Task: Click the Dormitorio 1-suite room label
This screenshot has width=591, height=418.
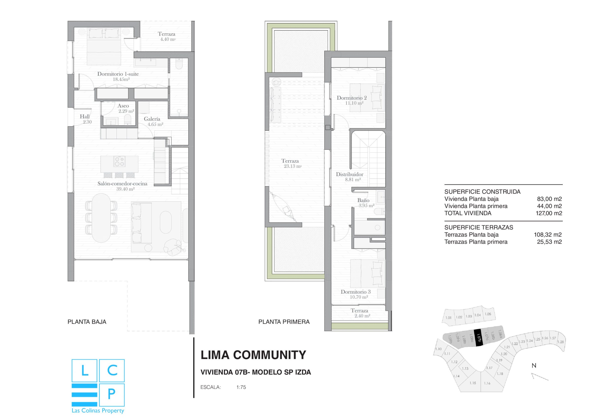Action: tap(118, 76)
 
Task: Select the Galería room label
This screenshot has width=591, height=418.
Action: tap(152, 119)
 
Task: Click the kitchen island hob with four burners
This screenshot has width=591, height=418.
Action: tap(119, 161)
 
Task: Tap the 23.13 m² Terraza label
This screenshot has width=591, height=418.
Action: tap(290, 163)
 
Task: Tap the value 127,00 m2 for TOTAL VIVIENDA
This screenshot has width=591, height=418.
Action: tap(549, 213)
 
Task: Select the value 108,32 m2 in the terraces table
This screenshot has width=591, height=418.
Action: tap(548, 235)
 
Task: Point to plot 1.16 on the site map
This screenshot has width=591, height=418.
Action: tap(487, 383)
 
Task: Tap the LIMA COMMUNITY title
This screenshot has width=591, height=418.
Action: tap(253, 355)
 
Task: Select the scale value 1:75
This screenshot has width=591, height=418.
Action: tap(241, 387)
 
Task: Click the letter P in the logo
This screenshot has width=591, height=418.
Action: tap(112, 394)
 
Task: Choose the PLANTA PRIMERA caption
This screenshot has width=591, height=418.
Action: tap(284, 322)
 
